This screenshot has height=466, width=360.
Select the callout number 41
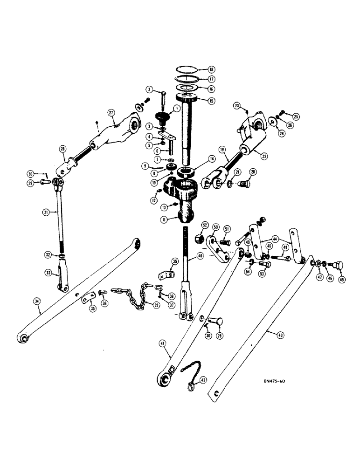(163, 344)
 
